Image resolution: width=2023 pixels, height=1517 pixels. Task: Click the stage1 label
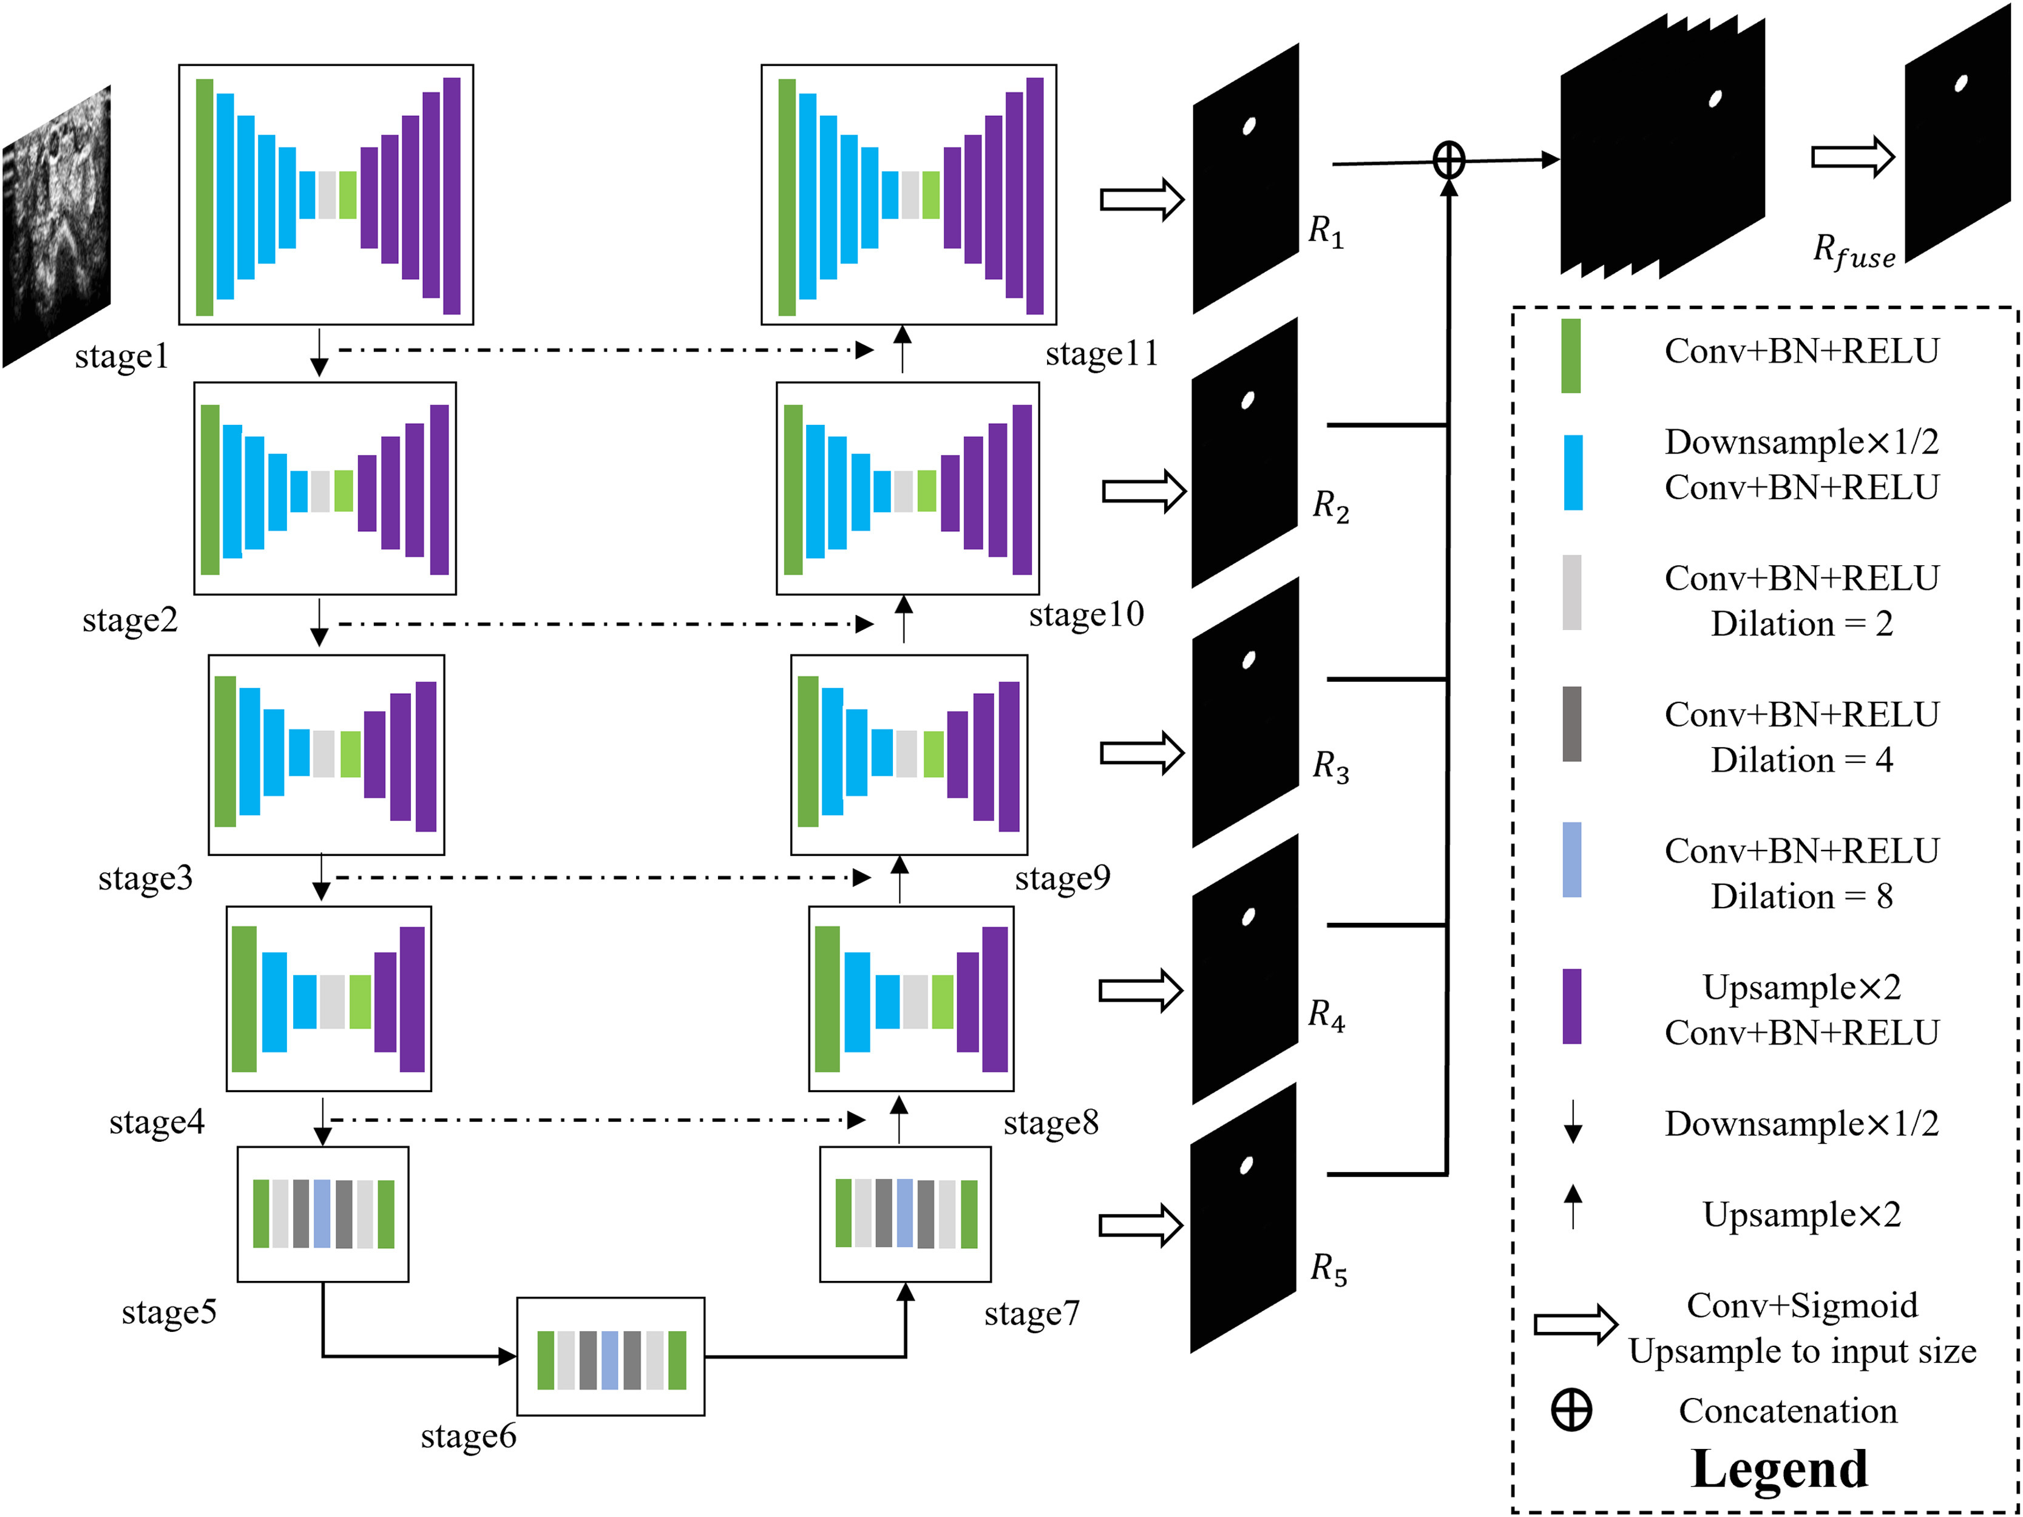[121, 356]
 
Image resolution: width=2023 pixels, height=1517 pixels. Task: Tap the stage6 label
[468, 1436]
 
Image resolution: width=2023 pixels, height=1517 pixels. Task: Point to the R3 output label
[1330, 766]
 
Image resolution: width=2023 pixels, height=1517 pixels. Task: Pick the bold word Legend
[1779, 1470]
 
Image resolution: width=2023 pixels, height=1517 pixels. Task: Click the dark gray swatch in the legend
[1571, 724]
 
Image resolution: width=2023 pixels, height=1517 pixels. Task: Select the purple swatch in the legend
[1571, 1006]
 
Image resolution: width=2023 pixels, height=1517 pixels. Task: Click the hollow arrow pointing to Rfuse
[1852, 157]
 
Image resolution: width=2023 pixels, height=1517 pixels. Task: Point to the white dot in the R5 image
[1245, 1166]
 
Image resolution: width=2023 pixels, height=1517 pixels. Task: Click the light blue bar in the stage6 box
[609, 1360]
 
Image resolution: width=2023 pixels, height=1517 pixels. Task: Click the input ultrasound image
[56, 227]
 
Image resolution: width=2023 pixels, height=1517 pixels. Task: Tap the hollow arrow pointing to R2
[1143, 491]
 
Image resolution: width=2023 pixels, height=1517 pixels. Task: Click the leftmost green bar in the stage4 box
[244, 999]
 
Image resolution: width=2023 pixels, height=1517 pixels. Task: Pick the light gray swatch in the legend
[1571, 592]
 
